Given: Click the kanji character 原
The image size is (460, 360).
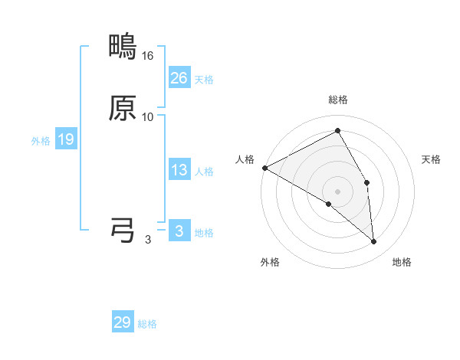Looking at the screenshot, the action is click(123, 109).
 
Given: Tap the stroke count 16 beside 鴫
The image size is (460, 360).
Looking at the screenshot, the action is click(148, 56).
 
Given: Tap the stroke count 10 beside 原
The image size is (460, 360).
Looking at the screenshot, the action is click(148, 117).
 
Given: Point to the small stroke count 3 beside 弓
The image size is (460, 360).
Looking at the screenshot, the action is click(147, 240).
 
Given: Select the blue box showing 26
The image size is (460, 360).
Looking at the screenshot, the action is click(179, 77).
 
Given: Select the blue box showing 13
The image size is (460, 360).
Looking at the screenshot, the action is click(179, 170).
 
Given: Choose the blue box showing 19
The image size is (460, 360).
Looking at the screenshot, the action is click(66, 139).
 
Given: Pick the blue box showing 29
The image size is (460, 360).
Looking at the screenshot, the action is click(123, 322).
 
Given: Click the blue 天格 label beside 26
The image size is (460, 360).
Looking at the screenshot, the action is click(204, 79).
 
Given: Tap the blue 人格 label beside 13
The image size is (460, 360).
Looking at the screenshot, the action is click(204, 172).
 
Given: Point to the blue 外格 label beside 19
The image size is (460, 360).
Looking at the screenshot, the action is click(40, 141).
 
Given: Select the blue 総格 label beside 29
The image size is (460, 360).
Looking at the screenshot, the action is click(147, 324).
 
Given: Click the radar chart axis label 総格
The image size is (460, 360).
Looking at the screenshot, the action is click(337, 100).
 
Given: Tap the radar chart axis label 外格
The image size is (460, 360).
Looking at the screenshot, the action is click(270, 263).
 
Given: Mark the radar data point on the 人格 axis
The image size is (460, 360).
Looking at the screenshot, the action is click(264, 168).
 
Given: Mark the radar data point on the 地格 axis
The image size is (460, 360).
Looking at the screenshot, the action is click(373, 241).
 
